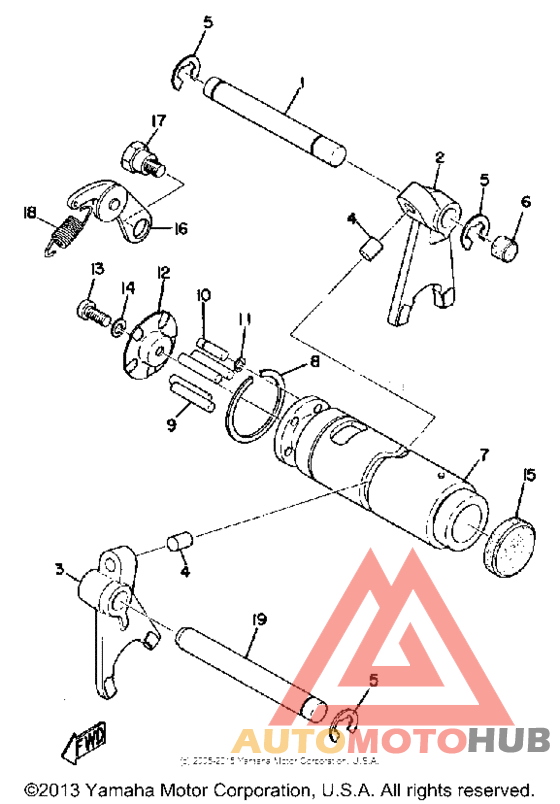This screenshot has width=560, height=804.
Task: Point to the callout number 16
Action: pyautogui.click(x=178, y=229)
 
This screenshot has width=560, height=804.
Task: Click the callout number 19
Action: pyautogui.click(x=258, y=622)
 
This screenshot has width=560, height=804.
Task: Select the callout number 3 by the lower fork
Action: pyautogui.click(x=61, y=570)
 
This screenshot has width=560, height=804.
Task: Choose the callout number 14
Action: pyautogui.click(x=125, y=289)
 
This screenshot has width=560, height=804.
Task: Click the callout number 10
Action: pyautogui.click(x=204, y=295)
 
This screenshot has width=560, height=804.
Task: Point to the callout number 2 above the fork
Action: pyautogui.click(x=438, y=156)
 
